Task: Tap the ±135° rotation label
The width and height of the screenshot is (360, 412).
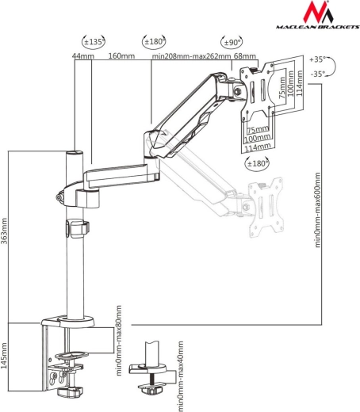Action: pyautogui.click(x=94, y=42)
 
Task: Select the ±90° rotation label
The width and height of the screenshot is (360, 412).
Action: pyautogui.click(x=232, y=42)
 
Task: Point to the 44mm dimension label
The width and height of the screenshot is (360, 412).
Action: pyautogui.click(x=83, y=56)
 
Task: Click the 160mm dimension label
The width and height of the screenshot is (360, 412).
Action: pyautogui.click(x=121, y=56)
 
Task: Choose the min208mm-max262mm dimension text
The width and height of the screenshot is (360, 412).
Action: pyautogui.click(x=191, y=56)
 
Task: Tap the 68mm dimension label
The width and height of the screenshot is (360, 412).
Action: pyautogui.click(x=245, y=56)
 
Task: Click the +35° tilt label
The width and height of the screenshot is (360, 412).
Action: pyautogui.click(x=317, y=59)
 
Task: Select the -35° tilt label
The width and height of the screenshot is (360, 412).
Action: pyautogui.click(x=318, y=74)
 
